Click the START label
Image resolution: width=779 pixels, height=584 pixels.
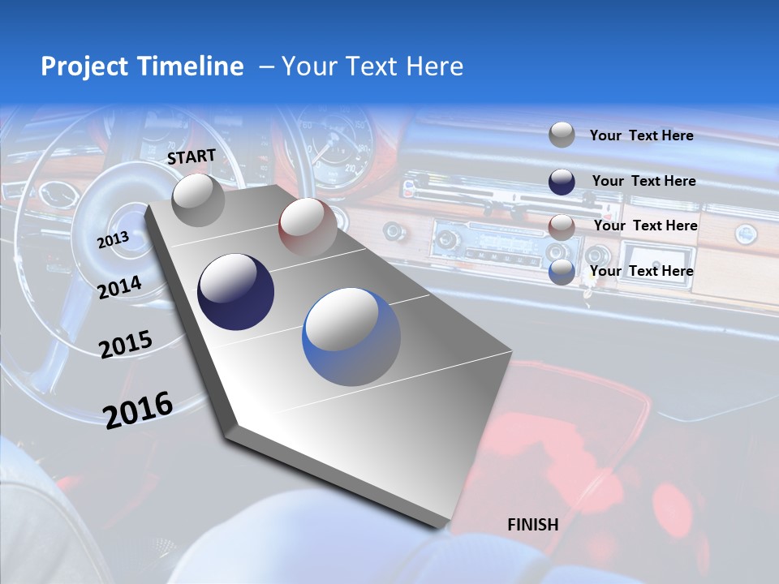coord(192,156)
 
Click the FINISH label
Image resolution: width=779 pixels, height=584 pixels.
coord(532,524)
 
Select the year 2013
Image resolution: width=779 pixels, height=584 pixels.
coord(113,239)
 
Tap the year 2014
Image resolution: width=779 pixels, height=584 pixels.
coord(119,287)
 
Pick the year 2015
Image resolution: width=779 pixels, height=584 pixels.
coord(126,345)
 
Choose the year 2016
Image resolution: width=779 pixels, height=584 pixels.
coord(138,410)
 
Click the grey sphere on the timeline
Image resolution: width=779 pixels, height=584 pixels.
coord(199,200)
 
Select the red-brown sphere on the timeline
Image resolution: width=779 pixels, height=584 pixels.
coord(307,227)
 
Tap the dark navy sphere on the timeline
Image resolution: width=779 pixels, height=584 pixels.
coord(235,292)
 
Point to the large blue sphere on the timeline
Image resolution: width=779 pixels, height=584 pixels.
coord(351,337)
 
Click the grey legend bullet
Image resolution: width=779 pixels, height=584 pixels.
coord(562,135)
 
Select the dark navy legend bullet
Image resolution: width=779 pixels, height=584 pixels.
coord(562,182)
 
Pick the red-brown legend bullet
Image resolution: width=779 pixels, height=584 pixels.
coord(562,227)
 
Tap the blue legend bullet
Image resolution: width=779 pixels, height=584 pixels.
coord(562,272)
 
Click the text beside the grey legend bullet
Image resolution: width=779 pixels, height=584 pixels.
coord(641,135)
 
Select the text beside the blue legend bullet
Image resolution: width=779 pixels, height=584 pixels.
coord(641,271)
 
